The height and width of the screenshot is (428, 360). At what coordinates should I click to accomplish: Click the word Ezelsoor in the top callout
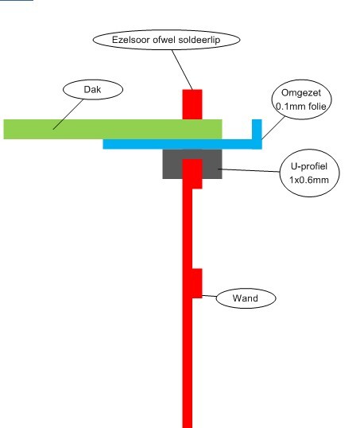[131, 40]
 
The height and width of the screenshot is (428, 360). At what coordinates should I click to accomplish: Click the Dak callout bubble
[93, 90]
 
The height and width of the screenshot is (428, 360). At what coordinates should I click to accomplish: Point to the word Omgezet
[301, 93]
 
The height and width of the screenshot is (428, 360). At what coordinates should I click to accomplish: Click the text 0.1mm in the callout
[289, 106]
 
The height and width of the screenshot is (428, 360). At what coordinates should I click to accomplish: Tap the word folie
[315, 106]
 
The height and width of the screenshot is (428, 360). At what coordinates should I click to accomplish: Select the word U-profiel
[308, 166]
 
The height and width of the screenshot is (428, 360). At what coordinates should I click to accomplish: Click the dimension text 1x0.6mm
[308, 180]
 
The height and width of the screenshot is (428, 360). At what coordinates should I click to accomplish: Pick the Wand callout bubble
[246, 298]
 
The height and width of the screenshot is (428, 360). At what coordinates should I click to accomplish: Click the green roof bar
[113, 129]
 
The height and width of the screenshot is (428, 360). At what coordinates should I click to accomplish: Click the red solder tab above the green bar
[192, 104]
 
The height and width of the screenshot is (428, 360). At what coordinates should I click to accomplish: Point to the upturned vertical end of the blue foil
[257, 130]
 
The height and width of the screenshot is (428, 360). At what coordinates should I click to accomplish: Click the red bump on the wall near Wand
[197, 283]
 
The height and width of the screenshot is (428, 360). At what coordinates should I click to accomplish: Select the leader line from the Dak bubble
[68, 114]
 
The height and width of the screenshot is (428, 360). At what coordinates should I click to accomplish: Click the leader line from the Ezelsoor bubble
[182, 69]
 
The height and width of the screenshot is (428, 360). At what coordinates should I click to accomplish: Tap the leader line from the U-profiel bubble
[251, 170]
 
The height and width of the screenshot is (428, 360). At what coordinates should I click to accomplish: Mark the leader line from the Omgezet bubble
[273, 128]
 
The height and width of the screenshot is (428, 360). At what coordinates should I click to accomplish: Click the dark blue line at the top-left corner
[17, 1]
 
